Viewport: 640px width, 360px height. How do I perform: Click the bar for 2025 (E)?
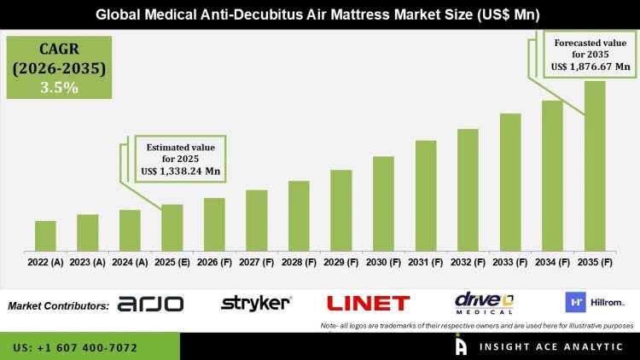(172, 227)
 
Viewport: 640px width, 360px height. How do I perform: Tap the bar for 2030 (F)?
(383, 203)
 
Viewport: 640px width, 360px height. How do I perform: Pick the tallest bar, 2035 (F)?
(595, 165)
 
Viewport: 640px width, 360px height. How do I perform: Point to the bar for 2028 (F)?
(299, 215)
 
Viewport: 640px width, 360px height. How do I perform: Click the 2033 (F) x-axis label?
(510, 263)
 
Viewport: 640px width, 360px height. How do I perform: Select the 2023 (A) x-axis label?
(87, 263)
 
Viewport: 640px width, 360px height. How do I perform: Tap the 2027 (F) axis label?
(257, 263)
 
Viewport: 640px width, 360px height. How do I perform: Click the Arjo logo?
(150, 304)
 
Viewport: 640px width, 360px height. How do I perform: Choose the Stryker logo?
(256, 303)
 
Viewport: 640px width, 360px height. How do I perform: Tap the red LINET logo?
(368, 303)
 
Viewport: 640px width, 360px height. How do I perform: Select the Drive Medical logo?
(483, 303)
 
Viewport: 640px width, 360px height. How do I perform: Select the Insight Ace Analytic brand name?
(534, 347)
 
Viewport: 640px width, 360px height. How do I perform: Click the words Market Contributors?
(58, 305)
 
